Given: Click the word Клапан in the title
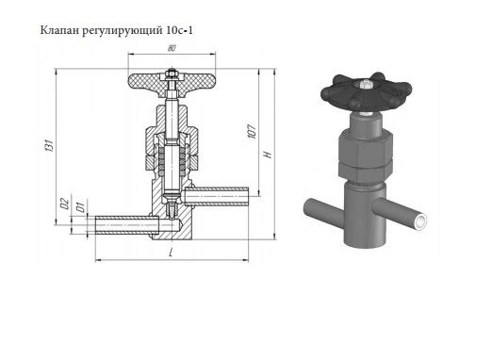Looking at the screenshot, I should [x=57, y=30].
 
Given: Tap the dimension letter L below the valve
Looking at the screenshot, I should [x=171, y=255].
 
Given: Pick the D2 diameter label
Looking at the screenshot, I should [x=63, y=203].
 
